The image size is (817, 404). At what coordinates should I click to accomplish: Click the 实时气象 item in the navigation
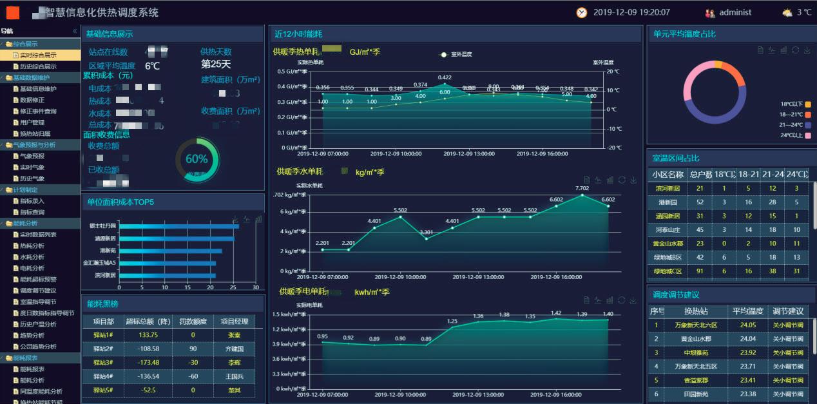tap(32, 167)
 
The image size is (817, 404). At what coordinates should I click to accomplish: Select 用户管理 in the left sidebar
tap(32, 122)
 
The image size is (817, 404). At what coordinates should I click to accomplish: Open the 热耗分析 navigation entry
tap(32, 245)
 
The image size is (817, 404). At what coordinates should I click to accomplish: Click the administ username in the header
tap(735, 12)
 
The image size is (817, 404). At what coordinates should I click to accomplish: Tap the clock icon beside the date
tap(582, 12)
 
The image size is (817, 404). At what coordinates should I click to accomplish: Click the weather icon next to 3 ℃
tap(787, 12)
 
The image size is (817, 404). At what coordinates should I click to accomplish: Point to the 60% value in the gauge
tap(197, 159)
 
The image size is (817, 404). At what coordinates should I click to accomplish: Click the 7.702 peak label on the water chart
tap(582, 188)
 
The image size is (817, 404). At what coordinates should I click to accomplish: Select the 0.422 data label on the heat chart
tap(445, 77)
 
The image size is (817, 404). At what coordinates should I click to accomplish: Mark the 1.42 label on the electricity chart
tap(556, 313)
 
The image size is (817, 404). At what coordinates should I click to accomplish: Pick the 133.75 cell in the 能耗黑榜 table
tap(148, 335)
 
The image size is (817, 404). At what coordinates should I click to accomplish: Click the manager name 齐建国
tap(234, 349)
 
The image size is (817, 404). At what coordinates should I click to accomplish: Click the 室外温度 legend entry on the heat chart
tap(461, 54)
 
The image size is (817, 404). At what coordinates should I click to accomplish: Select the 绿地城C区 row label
tap(668, 271)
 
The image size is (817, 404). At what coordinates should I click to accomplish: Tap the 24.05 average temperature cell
tap(748, 325)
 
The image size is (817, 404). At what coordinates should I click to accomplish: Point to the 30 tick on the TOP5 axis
tap(255, 287)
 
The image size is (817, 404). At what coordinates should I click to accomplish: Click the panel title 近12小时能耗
tap(298, 34)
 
